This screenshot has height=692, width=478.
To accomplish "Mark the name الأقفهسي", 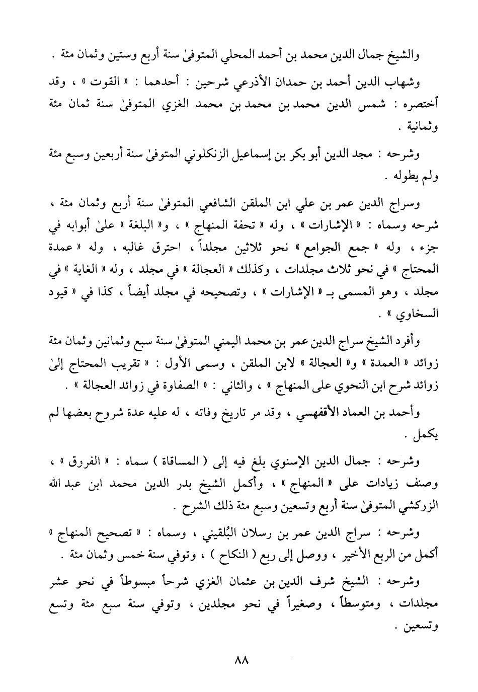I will tap(326, 413).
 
